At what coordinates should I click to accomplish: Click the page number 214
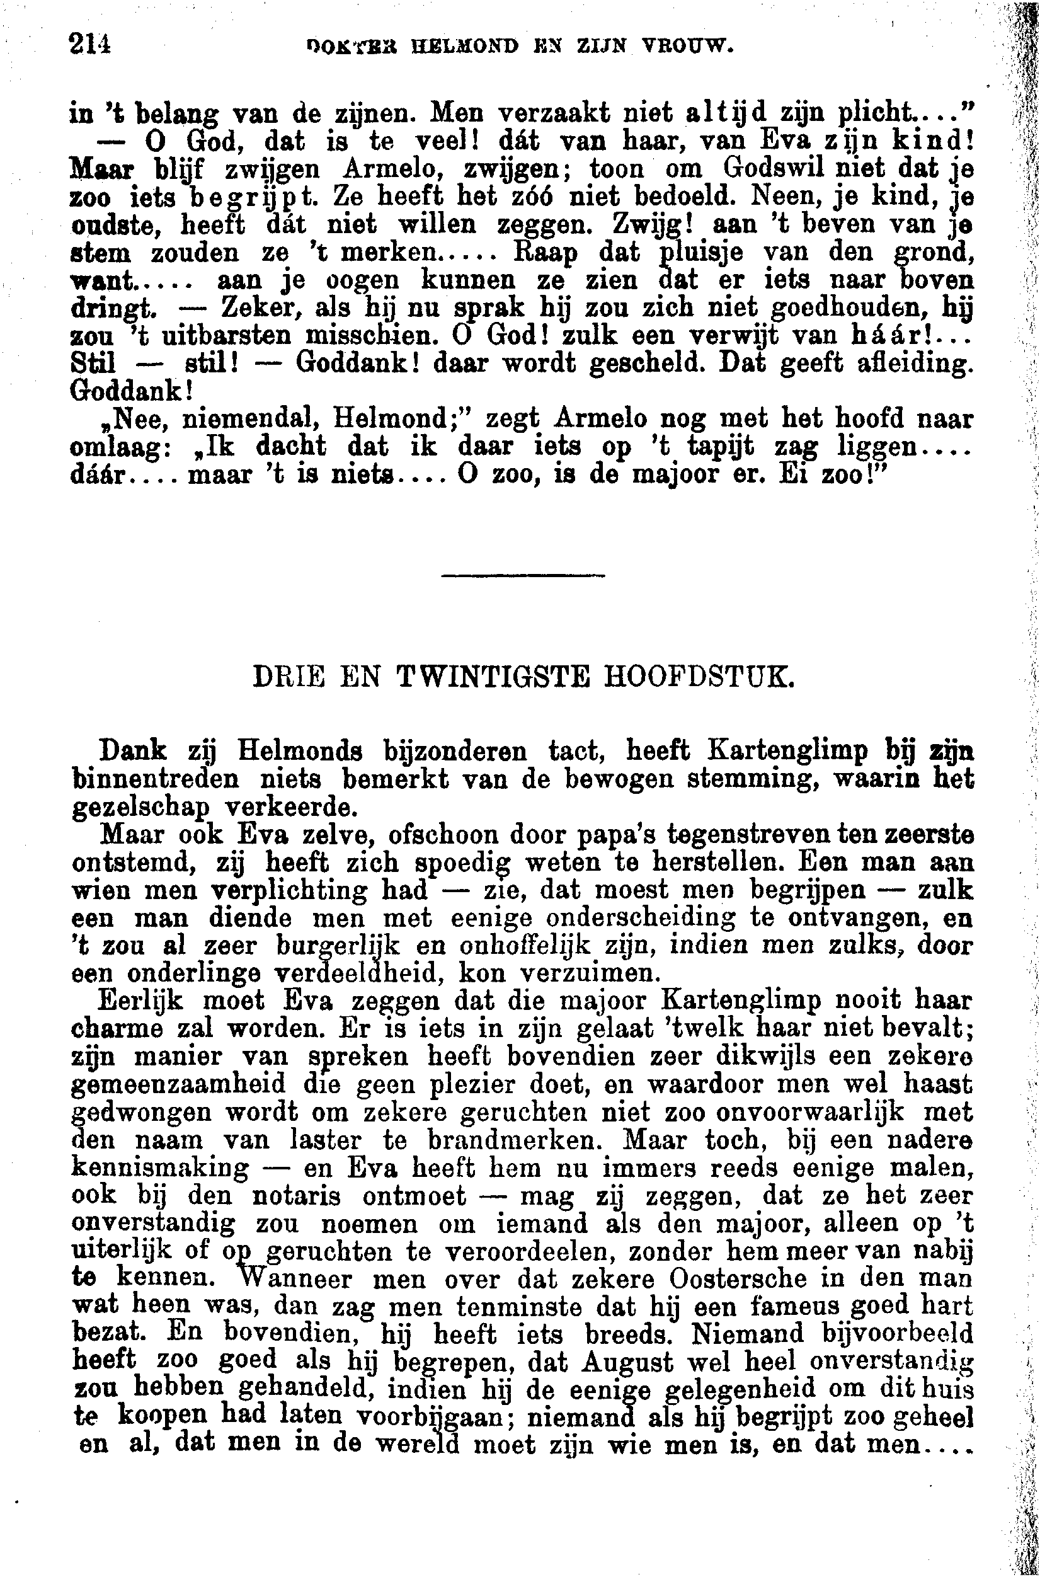tap(89, 46)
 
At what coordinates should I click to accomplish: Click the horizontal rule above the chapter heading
tap(523, 575)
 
